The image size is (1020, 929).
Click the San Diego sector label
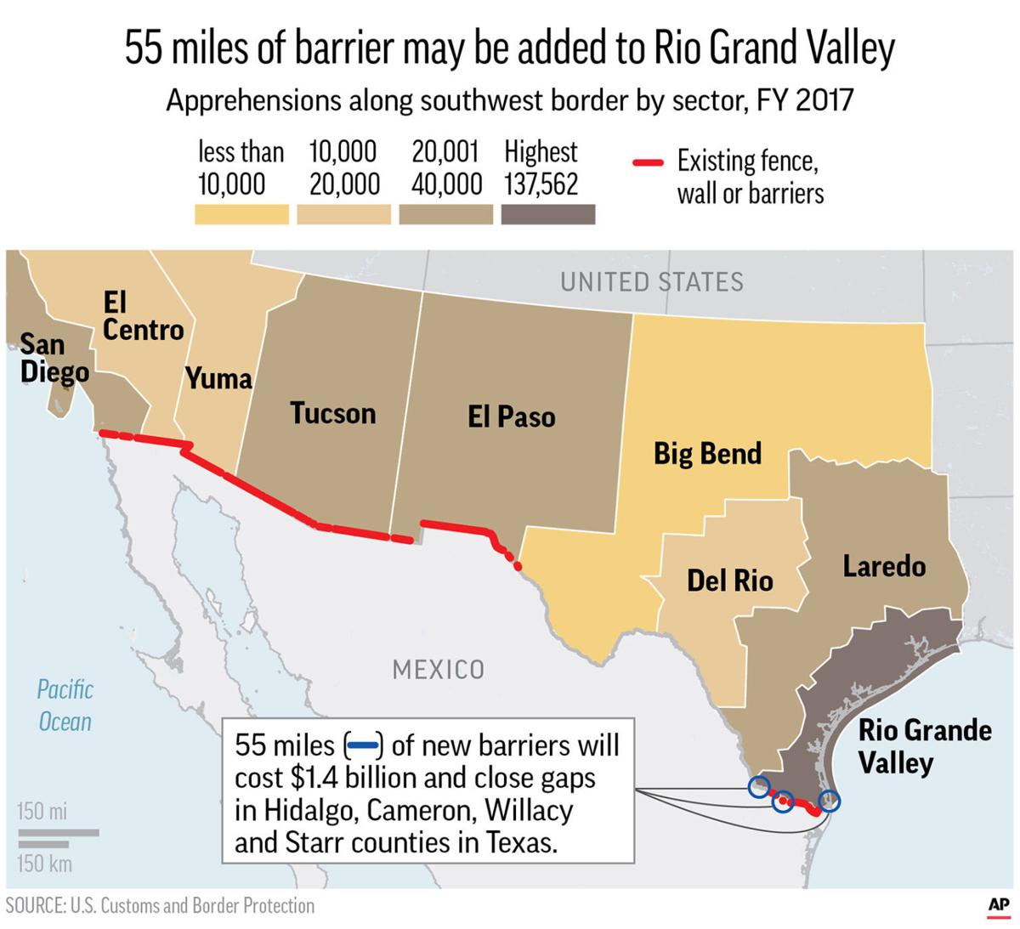coord(54,358)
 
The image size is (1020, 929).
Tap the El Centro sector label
coord(142,315)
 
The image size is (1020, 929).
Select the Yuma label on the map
coord(218,378)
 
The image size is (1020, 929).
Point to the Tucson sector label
coord(332,413)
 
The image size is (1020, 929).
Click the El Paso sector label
coord(511,416)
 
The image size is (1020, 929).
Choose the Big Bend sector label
coord(706,453)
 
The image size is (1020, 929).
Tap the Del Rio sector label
coord(729,581)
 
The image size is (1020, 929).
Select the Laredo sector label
coord(883,566)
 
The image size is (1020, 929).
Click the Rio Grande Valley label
coord(924,745)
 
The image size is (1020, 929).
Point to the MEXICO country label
coord(438,670)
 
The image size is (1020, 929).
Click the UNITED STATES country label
coord(651,282)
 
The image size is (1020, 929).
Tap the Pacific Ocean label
coord(65,705)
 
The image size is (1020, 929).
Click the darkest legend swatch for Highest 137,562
coord(547,214)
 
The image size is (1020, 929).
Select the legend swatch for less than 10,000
coord(241,214)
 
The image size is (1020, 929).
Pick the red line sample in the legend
coord(648,163)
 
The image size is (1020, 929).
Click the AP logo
coord(999,907)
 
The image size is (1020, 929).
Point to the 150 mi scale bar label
coord(42,811)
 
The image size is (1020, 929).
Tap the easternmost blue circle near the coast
coord(829,800)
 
